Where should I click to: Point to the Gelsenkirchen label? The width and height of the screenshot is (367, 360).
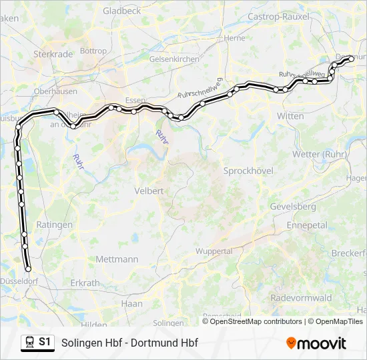coord(174,59)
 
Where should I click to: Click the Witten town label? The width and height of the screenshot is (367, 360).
coord(290,116)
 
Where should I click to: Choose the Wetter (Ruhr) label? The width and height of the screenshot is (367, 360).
coord(316,154)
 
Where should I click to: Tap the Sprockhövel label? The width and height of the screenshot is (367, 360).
coord(248,171)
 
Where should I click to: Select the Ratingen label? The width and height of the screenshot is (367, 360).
coord(54,225)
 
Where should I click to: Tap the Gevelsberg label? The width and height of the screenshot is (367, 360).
coord(293,207)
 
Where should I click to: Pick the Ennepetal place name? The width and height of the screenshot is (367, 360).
coord(307,225)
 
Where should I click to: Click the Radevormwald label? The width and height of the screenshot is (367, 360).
coord(302,298)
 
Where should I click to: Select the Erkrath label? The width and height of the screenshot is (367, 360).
coord(85,283)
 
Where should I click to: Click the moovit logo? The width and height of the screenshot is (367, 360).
coord(316,343)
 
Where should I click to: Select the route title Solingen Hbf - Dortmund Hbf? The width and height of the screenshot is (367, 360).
coord(129,343)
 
